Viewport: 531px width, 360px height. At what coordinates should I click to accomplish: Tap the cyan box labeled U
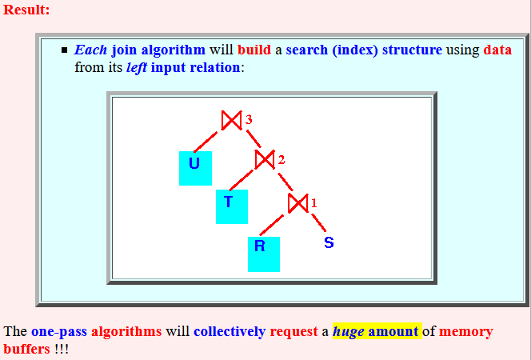click(195, 168)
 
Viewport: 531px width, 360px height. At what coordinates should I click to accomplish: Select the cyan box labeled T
click(232, 206)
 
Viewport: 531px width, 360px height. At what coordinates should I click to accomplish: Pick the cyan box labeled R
click(264, 254)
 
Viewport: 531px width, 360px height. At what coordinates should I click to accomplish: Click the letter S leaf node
click(329, 242)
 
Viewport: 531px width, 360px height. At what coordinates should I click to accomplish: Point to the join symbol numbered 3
click(232, 120)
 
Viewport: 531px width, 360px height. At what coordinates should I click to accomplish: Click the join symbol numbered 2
click(265, 159)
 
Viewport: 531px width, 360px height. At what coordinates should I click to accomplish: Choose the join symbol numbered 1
click(298, 203)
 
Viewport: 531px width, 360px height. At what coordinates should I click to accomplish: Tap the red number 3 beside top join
click(249, 119)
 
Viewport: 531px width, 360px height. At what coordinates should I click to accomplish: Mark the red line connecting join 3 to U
click(206, 142)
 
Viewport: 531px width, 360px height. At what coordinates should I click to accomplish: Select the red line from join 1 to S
click(319, 222)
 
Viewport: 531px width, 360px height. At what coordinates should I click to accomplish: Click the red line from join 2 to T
click(241, 180)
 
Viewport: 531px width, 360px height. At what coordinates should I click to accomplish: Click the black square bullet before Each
click(64, 50)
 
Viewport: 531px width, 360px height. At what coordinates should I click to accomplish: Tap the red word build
click(254, 50)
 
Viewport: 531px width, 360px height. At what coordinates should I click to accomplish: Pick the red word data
click(497, 50)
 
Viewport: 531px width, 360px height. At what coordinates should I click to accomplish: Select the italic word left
click(137, 67)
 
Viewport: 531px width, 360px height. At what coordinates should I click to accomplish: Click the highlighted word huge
click(349, 331)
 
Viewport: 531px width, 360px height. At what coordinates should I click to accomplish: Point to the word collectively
click(230, 331)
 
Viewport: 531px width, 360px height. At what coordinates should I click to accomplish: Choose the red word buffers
click(26, 349)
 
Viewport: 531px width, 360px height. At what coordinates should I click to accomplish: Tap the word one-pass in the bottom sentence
click(59, 331)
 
